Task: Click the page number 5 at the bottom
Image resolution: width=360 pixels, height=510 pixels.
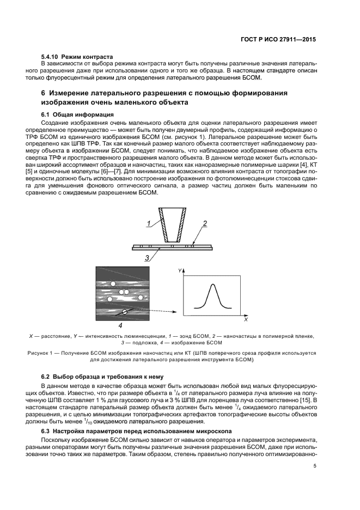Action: [x=314, y=466]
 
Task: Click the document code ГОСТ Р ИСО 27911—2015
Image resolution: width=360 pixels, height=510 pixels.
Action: [x=280, y=40]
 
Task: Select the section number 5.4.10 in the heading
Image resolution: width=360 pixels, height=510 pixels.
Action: [x=50, y=57]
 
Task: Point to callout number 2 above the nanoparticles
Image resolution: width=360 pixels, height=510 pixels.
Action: [x=205, y=223]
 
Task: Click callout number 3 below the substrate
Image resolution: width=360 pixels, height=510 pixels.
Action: [x=147, y=258]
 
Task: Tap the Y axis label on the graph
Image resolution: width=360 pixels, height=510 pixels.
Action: [x=179, y=270]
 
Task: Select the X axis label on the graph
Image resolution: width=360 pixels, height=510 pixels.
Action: [x=246, y=320]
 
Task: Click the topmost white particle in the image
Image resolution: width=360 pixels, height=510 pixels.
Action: [x=113, y=284]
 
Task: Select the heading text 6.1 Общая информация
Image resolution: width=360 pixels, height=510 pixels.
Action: [x=77, y=114]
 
